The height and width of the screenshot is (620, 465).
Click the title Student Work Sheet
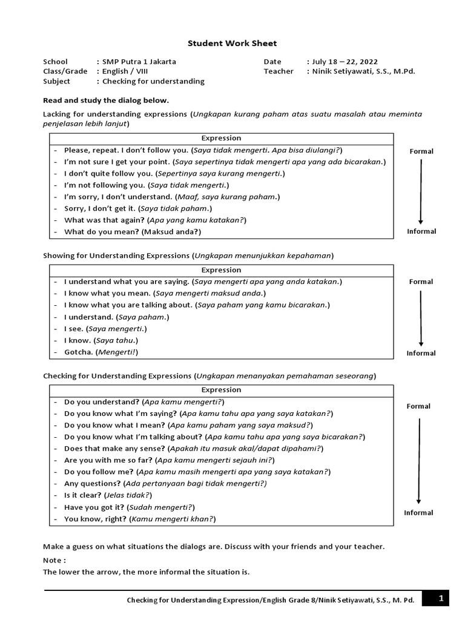coord(232,43)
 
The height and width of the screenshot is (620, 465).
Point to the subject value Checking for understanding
coord(153,81)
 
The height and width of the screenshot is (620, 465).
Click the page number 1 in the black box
coord(441,599)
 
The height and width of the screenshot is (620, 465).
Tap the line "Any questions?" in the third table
coord(93,484)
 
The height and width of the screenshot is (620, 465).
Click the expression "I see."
coord(74,329)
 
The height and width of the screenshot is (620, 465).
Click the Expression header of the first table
coord(221,138)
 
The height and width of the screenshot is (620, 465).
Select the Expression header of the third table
coord(221,390)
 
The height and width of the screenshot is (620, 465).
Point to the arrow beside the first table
coord(421,191)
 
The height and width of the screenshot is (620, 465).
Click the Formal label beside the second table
coord(421,282)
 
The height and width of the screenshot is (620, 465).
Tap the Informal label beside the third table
coord(419,513)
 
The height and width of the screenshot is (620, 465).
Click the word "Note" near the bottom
coord(53,560)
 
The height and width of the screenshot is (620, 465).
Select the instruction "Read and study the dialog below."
coord(106,101)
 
